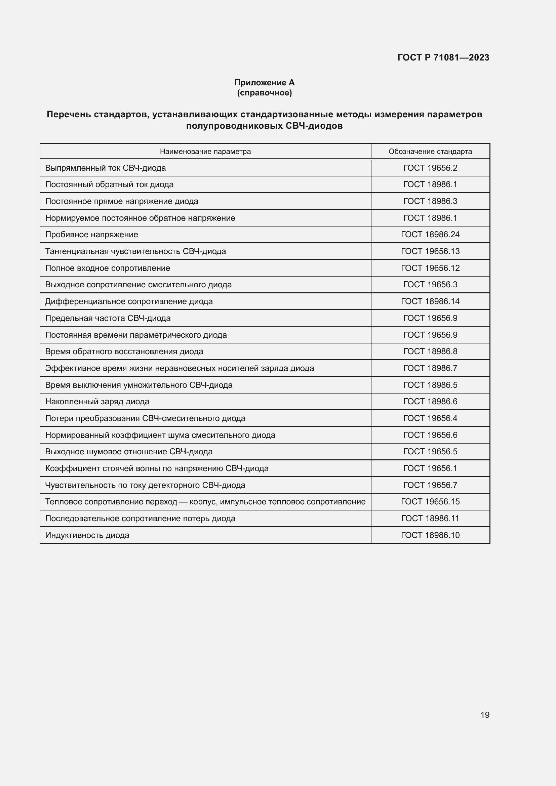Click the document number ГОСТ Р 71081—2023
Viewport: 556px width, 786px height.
click(x=443, y=57)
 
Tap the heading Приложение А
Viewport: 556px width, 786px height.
click(x=264, y=83)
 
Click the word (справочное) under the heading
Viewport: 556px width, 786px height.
click(x=264, y=93)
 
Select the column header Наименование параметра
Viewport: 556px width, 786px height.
click(x=205, y=151)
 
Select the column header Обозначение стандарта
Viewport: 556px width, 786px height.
click(x=430, y=151)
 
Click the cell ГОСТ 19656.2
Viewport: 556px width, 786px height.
click(x=430, y=168)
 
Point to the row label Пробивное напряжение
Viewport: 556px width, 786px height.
click(x=92, y=235)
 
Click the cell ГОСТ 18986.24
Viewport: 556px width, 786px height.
click(x=430, y=235)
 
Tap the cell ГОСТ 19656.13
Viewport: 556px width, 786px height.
click(x=430, y=251)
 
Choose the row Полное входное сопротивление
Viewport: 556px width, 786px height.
click(x=108, y=268)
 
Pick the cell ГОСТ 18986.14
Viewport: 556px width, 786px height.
click(x=430, y=301)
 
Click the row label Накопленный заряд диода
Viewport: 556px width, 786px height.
click(x=97, y=401)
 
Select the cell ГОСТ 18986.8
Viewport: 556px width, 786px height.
click(x=430, y=351)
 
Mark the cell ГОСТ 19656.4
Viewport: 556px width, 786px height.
click(x=430, y=418)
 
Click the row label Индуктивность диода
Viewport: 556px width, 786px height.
click(x=87, y=535)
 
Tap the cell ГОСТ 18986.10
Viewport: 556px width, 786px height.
click(x=430, y=535)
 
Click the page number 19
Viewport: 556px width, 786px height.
click(x=485, y=715)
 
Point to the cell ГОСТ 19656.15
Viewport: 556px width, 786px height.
click(x=430, y=501)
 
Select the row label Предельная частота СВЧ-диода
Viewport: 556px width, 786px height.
click(x=108, y=318)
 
